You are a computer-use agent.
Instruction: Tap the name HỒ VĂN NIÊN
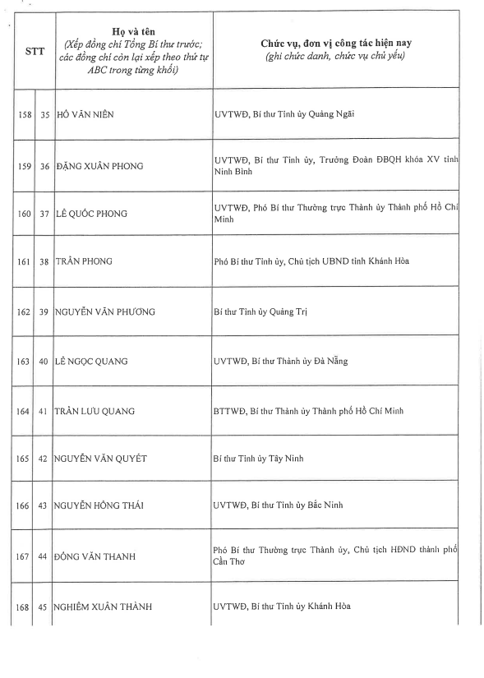[x=84, y=113]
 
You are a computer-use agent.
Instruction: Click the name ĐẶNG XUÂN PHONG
[x=99, y=166]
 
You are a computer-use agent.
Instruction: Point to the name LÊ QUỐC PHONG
[x=93, y=214]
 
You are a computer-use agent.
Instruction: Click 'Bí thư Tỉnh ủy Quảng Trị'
[x=260, y=311]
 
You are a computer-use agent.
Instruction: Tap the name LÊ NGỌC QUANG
[x=91, y=361]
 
